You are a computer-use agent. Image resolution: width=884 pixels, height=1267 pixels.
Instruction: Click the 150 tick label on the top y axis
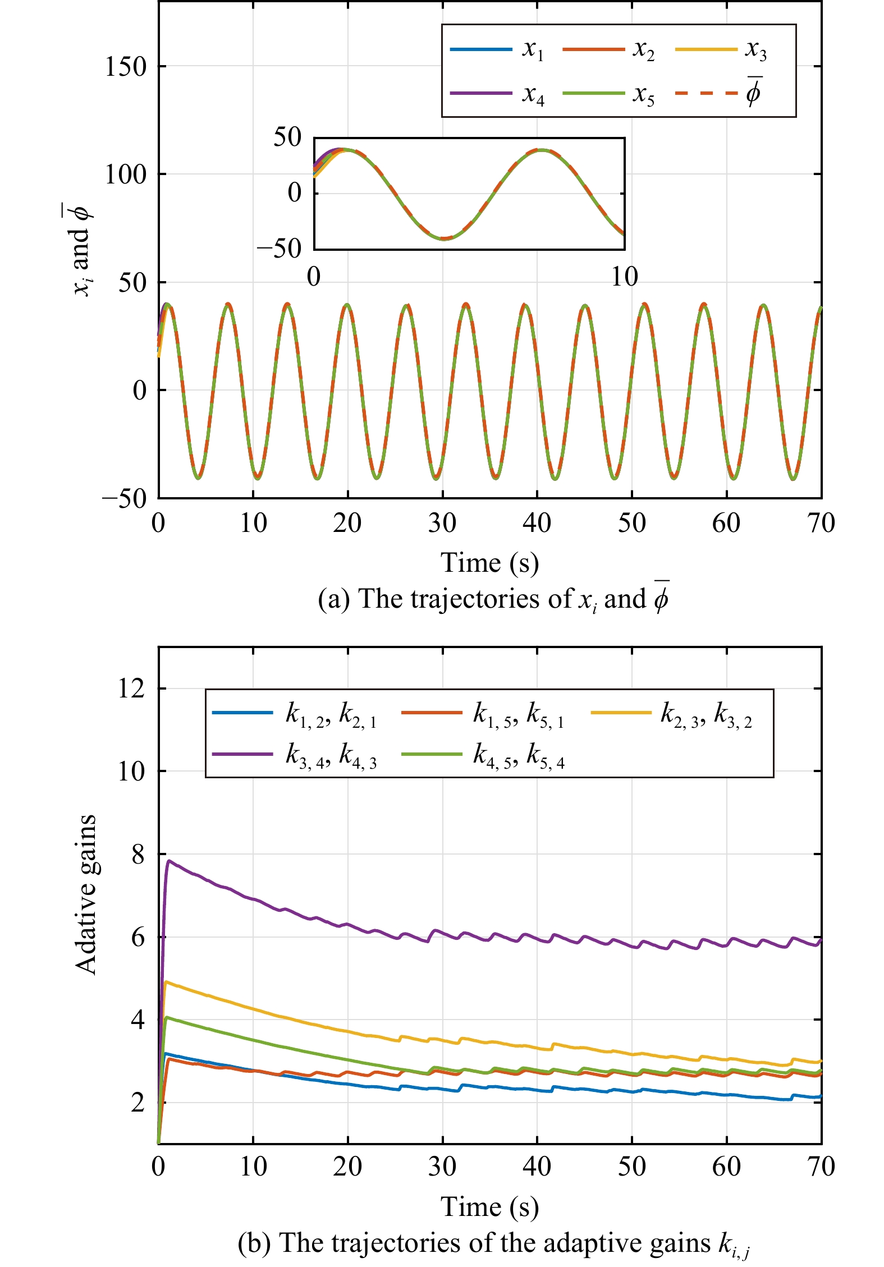point(125,67)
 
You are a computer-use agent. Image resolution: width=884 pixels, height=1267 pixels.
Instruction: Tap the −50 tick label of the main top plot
point(124,498)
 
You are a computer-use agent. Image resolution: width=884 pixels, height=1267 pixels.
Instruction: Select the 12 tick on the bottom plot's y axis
point(131,688)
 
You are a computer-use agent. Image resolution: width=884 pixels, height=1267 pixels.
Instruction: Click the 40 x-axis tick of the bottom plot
point(537,1167)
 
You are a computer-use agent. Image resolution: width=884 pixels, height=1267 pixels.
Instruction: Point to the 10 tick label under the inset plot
point(624,277)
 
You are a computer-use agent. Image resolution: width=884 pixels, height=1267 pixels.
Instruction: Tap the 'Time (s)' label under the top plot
point(489,563)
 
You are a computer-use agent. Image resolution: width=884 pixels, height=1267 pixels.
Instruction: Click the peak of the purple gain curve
point(168,860)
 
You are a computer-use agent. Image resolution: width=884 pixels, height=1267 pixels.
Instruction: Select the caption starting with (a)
point(493,599)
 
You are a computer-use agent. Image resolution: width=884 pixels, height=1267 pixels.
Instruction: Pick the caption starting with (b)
point(493,1243)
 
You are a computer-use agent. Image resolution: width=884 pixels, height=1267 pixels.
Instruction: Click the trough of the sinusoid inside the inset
point(443,238)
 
